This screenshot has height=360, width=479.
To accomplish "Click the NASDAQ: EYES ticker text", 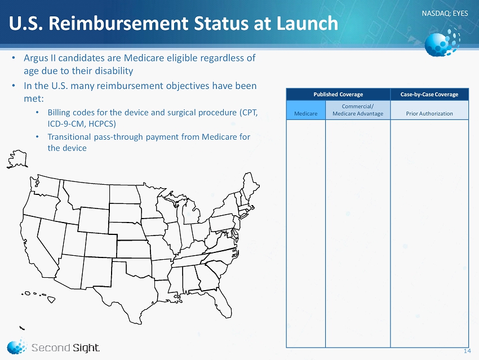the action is click(x=445, y=14).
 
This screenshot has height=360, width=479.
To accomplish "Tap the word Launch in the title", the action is click(x=307, y=23).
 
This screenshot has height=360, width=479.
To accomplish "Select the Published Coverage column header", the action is click(x=338, y=94).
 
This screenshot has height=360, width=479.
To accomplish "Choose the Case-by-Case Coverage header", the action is click(x=429, y=94).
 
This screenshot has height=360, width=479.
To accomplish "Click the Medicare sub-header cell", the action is click(x=306, y=110).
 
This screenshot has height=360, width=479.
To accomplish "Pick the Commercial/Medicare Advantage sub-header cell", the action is click(x=358, y=110).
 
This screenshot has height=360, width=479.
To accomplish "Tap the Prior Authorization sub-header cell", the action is click(x=429, y=110).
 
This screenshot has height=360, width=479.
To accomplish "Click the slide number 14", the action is click(x=467, y=351).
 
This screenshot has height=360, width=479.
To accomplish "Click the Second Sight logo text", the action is click(x=65, y=348).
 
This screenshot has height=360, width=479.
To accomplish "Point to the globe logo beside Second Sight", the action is click(x=16, y=346).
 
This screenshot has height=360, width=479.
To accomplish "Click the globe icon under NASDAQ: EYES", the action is click(x=442, y=43).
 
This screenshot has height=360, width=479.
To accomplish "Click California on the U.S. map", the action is click(x=36, y=245).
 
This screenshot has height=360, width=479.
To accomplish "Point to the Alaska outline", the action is click(x=17, y=159).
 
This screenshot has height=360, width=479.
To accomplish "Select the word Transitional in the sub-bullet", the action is click(x=69, y=137).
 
